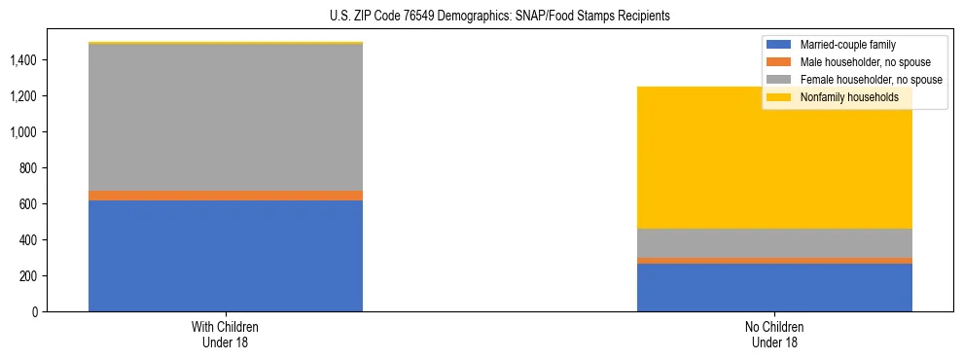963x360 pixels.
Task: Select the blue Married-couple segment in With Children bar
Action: pos(226,256)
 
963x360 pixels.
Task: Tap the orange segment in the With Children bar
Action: pos(226,196)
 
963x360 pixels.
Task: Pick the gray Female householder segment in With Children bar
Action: pos(226,118)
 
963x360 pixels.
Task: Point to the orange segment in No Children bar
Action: pos(774,261)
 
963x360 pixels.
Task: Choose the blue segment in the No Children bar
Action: pos(774,288)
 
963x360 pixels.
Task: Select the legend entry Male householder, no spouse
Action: pos(863,62)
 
